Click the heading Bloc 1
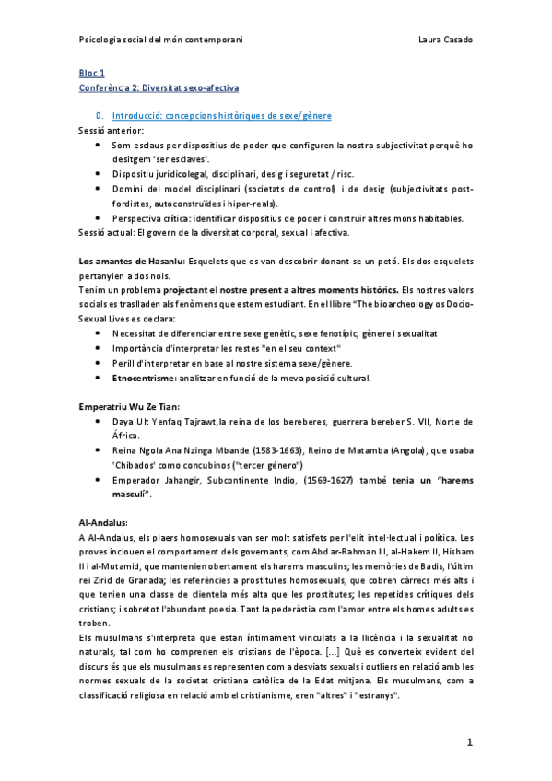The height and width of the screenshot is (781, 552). (92, 72)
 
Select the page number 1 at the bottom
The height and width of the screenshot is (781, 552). (469, 742)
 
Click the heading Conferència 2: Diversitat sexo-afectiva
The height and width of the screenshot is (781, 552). (159, 87)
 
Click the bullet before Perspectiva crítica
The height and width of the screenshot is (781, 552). (99, 218)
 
